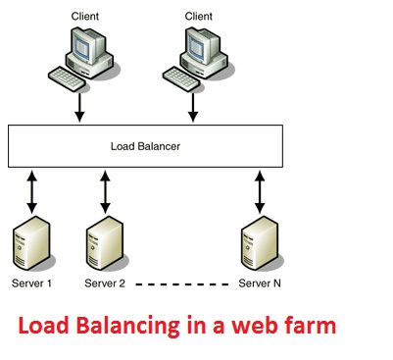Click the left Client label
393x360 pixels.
pyautogui.click(x=85, y=17)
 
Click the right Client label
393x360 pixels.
pyautogui.click(x=199, y=17)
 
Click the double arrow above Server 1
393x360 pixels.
pyautogui.click(x=32, y=192)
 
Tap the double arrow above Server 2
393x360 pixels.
pyautogui.click(x=104, y=192)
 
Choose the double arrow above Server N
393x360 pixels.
pyautogui.click(x=260, y=192)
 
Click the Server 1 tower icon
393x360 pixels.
pyautogui.click(x=30, y=246)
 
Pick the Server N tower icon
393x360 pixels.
pyautogui.click(x=259, y=246)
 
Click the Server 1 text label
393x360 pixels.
pyautogui.click(x=31, y=284)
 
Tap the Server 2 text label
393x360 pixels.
pyautogui.click(x=105, y=284)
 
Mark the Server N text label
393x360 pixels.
pyautogui.click(x=260, y=284)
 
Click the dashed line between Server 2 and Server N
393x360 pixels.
pyautogui.click(x=182, y=284)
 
